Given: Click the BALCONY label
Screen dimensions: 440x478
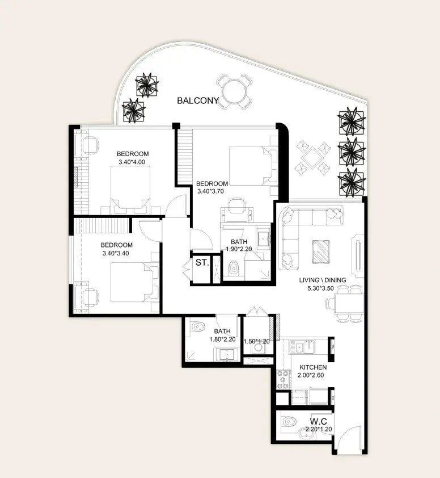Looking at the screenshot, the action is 198,100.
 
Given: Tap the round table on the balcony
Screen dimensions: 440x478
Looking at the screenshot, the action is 234,91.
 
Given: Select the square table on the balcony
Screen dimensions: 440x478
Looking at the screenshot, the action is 313,157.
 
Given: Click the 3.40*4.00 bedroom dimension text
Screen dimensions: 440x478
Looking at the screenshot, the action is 132,162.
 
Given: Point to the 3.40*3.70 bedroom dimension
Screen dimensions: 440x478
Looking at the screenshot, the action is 211,191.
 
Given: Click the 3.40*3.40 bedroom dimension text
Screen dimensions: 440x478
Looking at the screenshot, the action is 116,253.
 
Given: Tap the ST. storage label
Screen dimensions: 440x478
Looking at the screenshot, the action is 202,262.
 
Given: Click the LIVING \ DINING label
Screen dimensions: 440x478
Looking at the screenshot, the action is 323,280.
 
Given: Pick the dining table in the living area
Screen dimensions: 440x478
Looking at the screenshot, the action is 349,304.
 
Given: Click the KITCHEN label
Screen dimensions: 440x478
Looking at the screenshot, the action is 313,367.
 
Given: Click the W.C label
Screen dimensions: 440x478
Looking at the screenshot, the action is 319,422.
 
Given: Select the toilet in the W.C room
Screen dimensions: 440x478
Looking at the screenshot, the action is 289,422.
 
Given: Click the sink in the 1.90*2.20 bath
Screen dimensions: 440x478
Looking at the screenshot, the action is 263,238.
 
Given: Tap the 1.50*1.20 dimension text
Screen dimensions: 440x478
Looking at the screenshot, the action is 256,341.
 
